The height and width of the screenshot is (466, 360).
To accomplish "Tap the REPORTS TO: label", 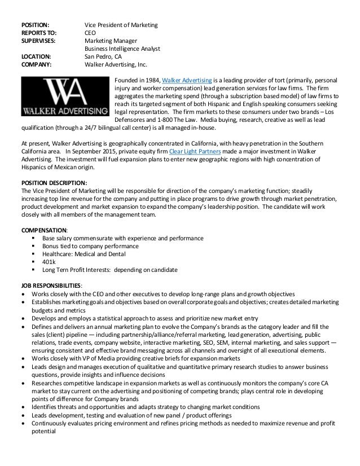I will [39, 33].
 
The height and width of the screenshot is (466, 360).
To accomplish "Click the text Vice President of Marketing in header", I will [121, 25].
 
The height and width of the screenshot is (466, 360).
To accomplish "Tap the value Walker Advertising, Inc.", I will [115, 65].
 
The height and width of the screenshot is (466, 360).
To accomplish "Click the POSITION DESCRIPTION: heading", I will [54, 183].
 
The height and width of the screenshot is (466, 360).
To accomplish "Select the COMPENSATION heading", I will [44, 230].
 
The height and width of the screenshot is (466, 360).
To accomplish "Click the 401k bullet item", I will [49, 262].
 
